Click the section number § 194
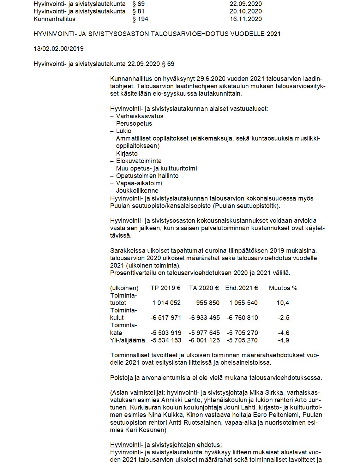pyautogui.click(x=140, y=19)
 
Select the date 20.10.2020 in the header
pyautogui.click(x=246, y=11)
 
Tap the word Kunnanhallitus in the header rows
pyautogui.click(x=54, y=19)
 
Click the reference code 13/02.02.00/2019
pyautogui.click(x=59, y=49)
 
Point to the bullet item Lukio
pyautogui.click(x=124, y=131)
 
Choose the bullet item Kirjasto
pyautogui.click(x=127, y=154)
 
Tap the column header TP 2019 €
pyautogui.click(x=166, y=288)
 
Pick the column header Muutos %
pyautogui.click(x=283, y=288)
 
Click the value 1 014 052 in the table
pyautogui.click(x=167, y=303)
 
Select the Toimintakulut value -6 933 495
pyautogui.click(x=204, y=318)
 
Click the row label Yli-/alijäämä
pyautogui.click(x=128, y=340)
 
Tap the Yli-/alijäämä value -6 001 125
pyautogui.click(x=204, y=340)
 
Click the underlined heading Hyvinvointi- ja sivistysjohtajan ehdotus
pyautogui.click(x=166, y=445)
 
